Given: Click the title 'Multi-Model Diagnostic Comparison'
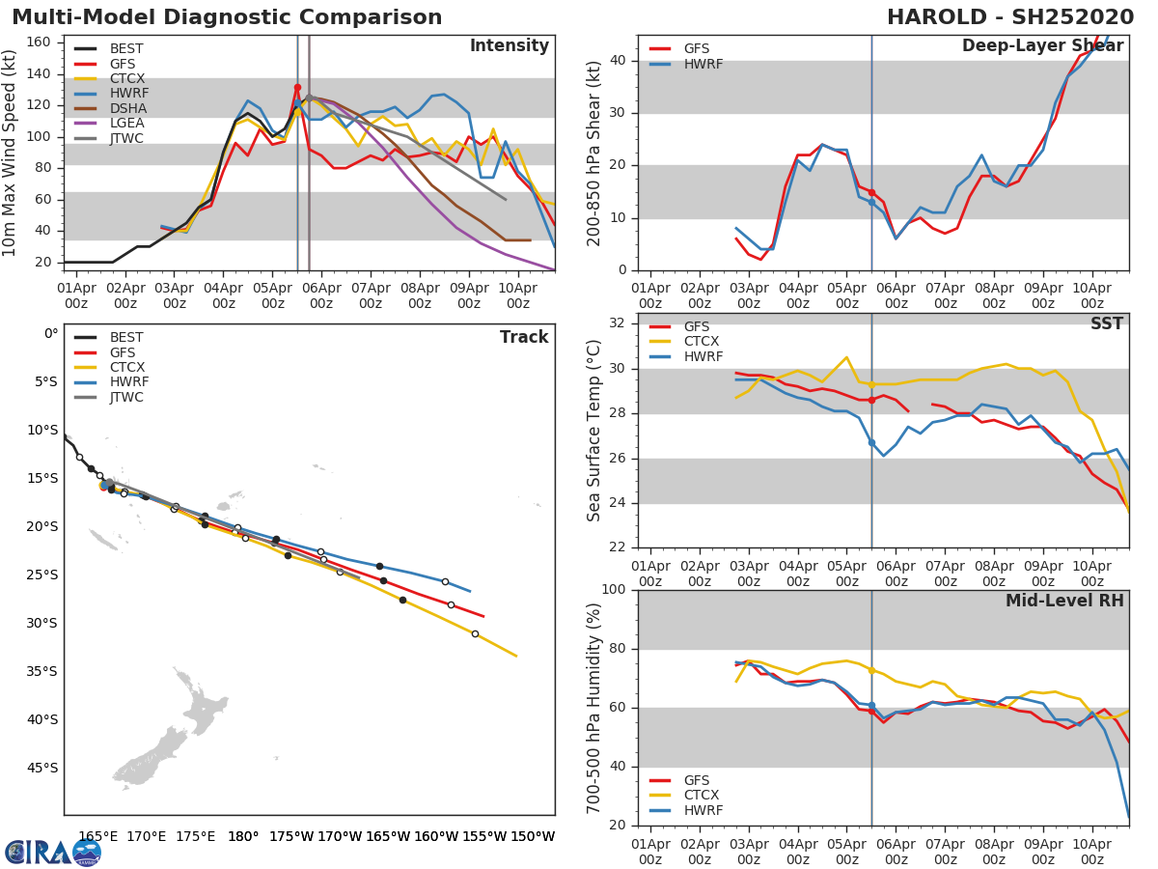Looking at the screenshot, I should pyautogui.click(x=227, y=17).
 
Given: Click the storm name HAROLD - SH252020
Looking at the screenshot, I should pyautogui.click(x=1010, y=17).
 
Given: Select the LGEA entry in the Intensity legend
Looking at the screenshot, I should pyautogui.click(x=127, y=124).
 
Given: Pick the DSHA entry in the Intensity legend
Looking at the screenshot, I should pyautogui.click(x=127, y=108).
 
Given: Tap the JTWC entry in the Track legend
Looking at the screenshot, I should pyautogui.click(x=126, y=397).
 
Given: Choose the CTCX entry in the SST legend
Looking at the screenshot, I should pyautogui.click(x=701, y=342).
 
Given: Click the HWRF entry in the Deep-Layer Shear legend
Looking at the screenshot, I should pyautogui.click(x=703, y=64).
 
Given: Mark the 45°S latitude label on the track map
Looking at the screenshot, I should pyautogui.click(x=41, y=768).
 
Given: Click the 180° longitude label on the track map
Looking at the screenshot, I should pyautogui.click(x=243, y=836).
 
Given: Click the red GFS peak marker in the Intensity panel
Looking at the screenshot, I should pyautogui.click(x=297, y=88).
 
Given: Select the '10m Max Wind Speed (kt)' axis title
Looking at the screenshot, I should pyautogui.click(x=11, y=153).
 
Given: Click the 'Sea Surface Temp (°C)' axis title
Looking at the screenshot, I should pyautogui.click(x=594, y=431).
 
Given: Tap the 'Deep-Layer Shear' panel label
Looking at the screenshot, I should pyautogui.click(x=1042, y=46).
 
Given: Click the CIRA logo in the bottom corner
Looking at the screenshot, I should pyautogui.click(x=52, y=852).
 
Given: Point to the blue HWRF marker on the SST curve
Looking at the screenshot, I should pyautogui.click(x=871, y=442).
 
